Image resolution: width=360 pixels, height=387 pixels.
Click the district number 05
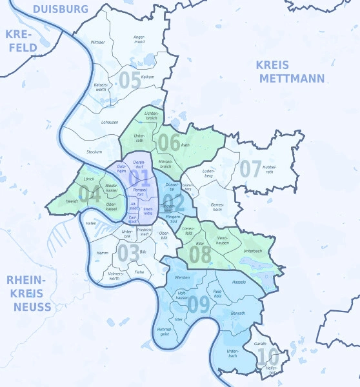(x=130, y=81)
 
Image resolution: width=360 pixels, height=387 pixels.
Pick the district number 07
(x=250, y=169)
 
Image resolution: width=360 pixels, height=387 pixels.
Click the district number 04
(x=89, y=193)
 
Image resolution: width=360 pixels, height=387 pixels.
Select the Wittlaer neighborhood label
(x=98, y=42)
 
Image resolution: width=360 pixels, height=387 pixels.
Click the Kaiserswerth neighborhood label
(x=101, y=87)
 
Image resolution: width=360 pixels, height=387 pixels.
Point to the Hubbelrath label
(x=269, y=170)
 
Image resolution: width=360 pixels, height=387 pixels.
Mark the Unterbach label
(x=254, y=250)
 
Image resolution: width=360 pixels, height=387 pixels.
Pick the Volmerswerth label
(x=115, y=276)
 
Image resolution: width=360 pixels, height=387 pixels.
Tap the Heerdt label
(x=72, y=201)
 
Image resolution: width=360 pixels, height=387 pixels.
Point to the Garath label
(x=260, y=344)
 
